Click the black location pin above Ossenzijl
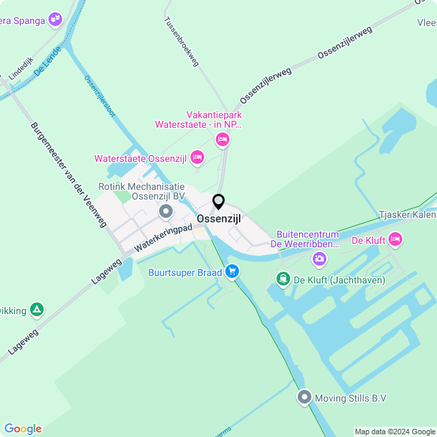pos(218,202)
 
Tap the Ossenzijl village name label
pos(218,218)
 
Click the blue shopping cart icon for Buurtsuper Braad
pos(232,272)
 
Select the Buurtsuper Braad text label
pos(184,272)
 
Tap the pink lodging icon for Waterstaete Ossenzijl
pos(197,158)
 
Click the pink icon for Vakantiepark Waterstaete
pos(222,140)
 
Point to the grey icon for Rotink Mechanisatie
pos(166,212)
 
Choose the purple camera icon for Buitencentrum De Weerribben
pos(319,259)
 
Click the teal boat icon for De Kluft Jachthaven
pos(283,279)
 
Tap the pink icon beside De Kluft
pos(395,239)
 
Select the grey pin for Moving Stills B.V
pos(305,397)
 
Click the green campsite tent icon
pos(37,310)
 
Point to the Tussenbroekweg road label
pos(181,41)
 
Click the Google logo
pos(22,428)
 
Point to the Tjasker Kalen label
pos(408,215)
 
